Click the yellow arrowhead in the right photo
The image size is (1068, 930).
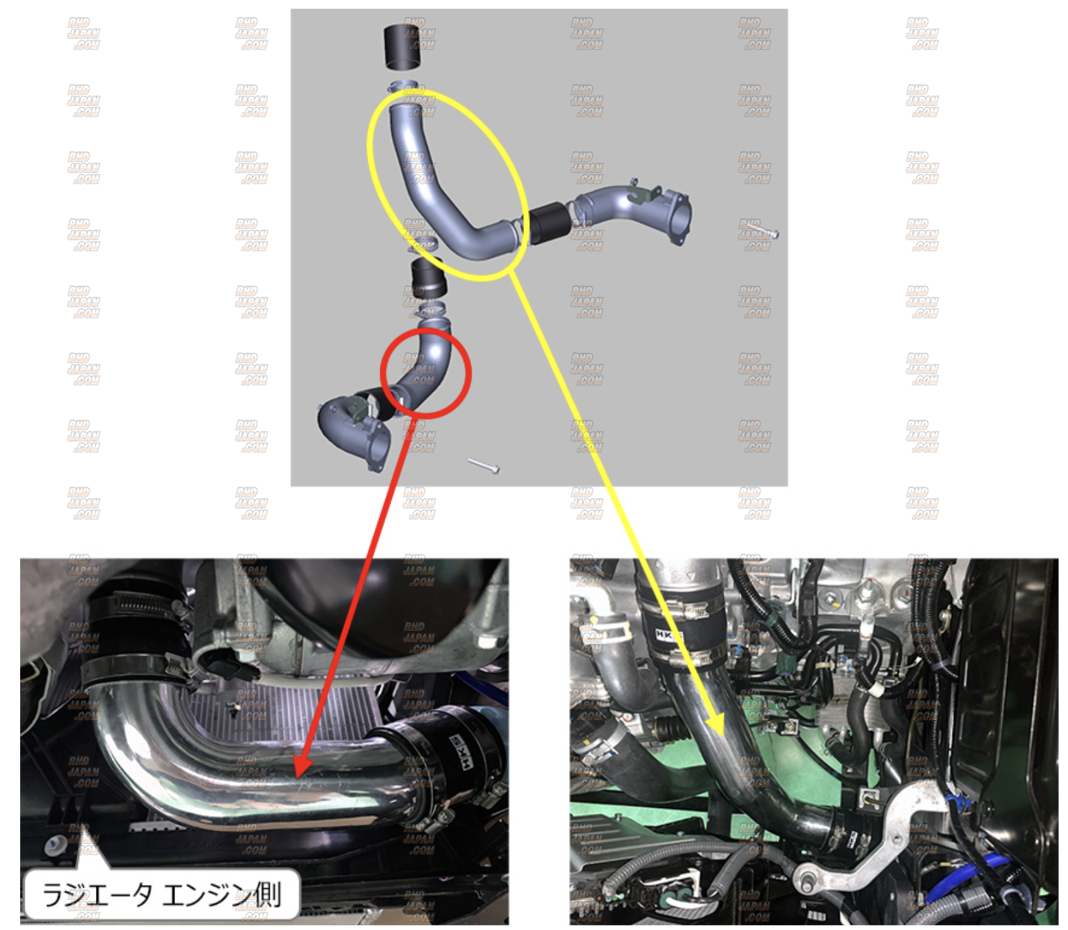[716, 722]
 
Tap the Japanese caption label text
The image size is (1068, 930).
[161, 894]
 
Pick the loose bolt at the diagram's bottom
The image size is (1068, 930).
[484, 465]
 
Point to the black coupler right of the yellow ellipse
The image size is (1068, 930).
[549, 222]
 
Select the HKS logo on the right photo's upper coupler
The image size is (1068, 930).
[669, 634]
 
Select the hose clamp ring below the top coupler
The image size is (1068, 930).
[407, 87]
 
